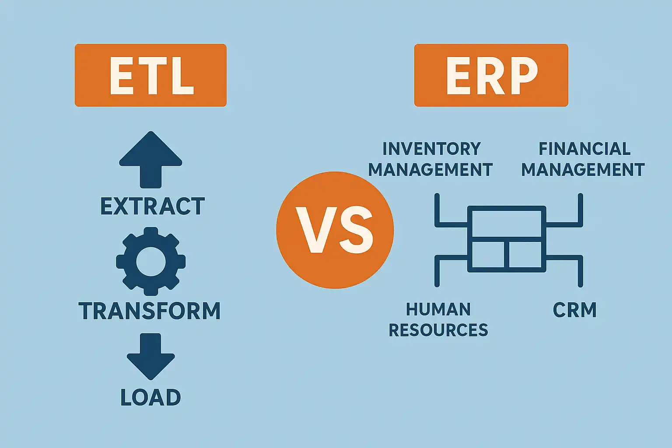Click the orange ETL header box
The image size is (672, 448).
pyautogui.click(x=150, y=75)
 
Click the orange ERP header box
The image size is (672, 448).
pyautogui.click(x=491, y=75)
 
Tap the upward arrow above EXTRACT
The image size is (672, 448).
pyautogui.click(x=150, y=160)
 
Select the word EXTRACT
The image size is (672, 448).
pyautogui.click(x=152, y=206)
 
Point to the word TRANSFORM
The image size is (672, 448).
pyautogui.click(x=150, y=311)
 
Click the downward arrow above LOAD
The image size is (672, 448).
pyautogui.click(x=150, y=357)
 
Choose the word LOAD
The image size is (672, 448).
pyautogui.click(x=150, y=397)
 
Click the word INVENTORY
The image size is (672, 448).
pyautogui.click(x=432, y=149)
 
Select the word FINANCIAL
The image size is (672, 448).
pyautogui.click(x=584, y=149)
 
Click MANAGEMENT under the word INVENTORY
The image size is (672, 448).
pyautogui.click(x=430, y=170)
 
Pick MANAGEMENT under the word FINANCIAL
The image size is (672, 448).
pyautogui.click(x=583, y=170)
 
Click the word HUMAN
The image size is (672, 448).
pyautogui.click(x=438, y=309)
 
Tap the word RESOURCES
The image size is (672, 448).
pyautogui.click(x=438, y=330)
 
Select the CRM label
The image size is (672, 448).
pyautogui.click(x=574, y=310)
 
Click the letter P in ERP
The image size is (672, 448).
pyautogui.click(x=525, y=75)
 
